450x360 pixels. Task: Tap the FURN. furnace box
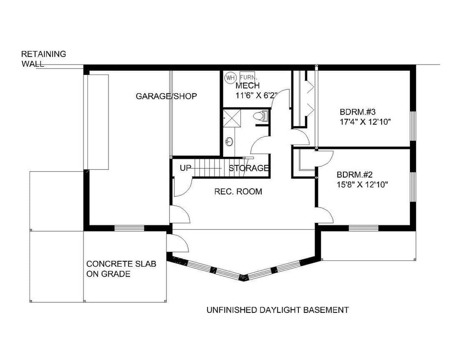247,77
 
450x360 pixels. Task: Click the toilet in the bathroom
260,116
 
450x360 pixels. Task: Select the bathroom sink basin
229,142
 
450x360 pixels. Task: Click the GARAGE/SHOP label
166,96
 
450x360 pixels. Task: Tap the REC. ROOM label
238,192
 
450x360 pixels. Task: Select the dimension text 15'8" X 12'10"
362,184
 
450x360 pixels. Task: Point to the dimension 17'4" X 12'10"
365,122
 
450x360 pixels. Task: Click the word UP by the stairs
185,168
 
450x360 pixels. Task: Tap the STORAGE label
248,168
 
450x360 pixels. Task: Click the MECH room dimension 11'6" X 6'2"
256,95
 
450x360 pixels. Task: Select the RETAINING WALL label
44,59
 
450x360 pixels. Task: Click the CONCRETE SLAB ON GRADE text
121,269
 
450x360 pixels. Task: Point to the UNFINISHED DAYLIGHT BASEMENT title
277,310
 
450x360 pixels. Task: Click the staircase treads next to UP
208,168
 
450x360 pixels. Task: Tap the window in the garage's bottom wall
129,228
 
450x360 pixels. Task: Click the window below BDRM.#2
363,228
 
